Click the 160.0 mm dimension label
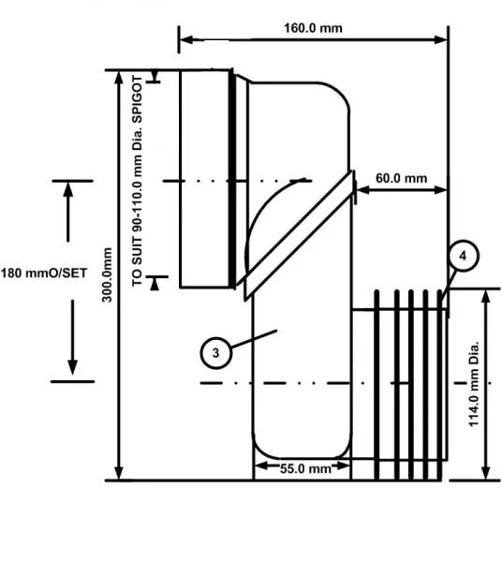pyautogui.click(x=313, y=27)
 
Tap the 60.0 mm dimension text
pyautogui.click(x=401, y=178)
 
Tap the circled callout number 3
pyautogui.click(x=215, y=352)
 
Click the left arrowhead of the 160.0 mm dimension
pyautogui.click(x=185, y=39)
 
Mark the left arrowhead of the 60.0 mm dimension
pyautogui.click(x=361, y=190)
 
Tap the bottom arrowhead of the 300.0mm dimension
pyautogui.click(x=119, y=473)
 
